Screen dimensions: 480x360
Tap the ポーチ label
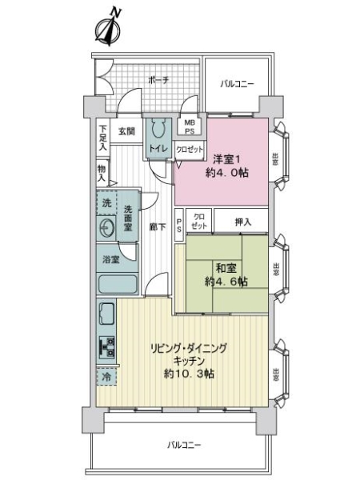click(x=158, y=79)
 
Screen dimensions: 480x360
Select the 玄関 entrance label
click(x=127, y=132)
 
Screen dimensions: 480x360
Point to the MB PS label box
click(x=190, y=126)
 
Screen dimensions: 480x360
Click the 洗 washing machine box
click(x=106, y=204)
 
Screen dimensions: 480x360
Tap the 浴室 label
click(x=111, y=259)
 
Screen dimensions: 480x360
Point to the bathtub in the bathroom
click(x=118, y=284)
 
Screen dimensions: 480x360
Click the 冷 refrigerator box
click(x=106, y=374)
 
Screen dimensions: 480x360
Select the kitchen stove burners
click(x=106, y=346)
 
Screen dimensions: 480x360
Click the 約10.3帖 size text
click(x=190, y=374)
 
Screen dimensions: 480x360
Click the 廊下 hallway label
click(x=158, y=226)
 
